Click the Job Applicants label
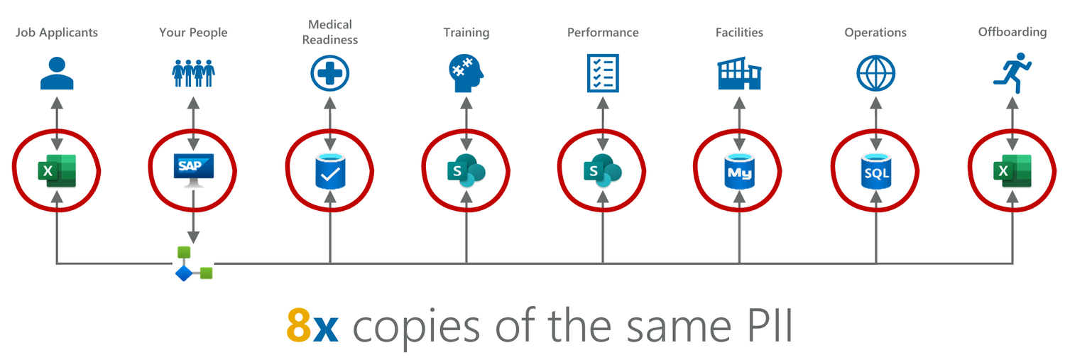coord(57,33)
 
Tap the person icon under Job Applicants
coord(57,73)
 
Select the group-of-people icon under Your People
coord(193,73)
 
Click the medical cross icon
coord(330,73)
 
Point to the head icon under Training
coord(466,73)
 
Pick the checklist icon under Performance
coord(603,73)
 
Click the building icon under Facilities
coord(739,75)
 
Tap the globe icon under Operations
coord(875,73)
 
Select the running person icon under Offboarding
coord(1012,72)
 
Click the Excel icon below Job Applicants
coord(57,171)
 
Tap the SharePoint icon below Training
coord(466,171)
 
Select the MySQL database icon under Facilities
coord(739,171)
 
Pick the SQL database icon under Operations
coord(875,171)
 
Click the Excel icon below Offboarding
coord(1012,171)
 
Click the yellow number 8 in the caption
coord(299,326)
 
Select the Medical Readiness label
coord(330,33)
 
